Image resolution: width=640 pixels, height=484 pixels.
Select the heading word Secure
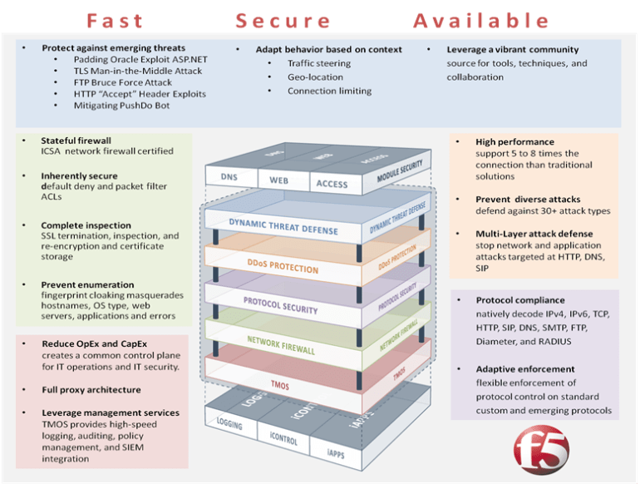[x=283, y=21]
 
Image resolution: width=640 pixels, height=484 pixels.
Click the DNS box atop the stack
[x=229, y=177]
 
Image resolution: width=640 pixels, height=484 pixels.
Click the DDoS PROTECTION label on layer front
[x=284, y=269]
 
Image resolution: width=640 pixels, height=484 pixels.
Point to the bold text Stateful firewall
[x=76, y=141]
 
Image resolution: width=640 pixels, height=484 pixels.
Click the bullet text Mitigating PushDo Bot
[x=121, y=106]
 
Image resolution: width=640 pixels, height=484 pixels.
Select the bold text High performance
[x=514, y=142]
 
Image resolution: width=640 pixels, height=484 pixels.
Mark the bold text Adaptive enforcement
[x=525, y=368]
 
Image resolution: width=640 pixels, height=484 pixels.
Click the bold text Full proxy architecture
[x=91, y=389]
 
